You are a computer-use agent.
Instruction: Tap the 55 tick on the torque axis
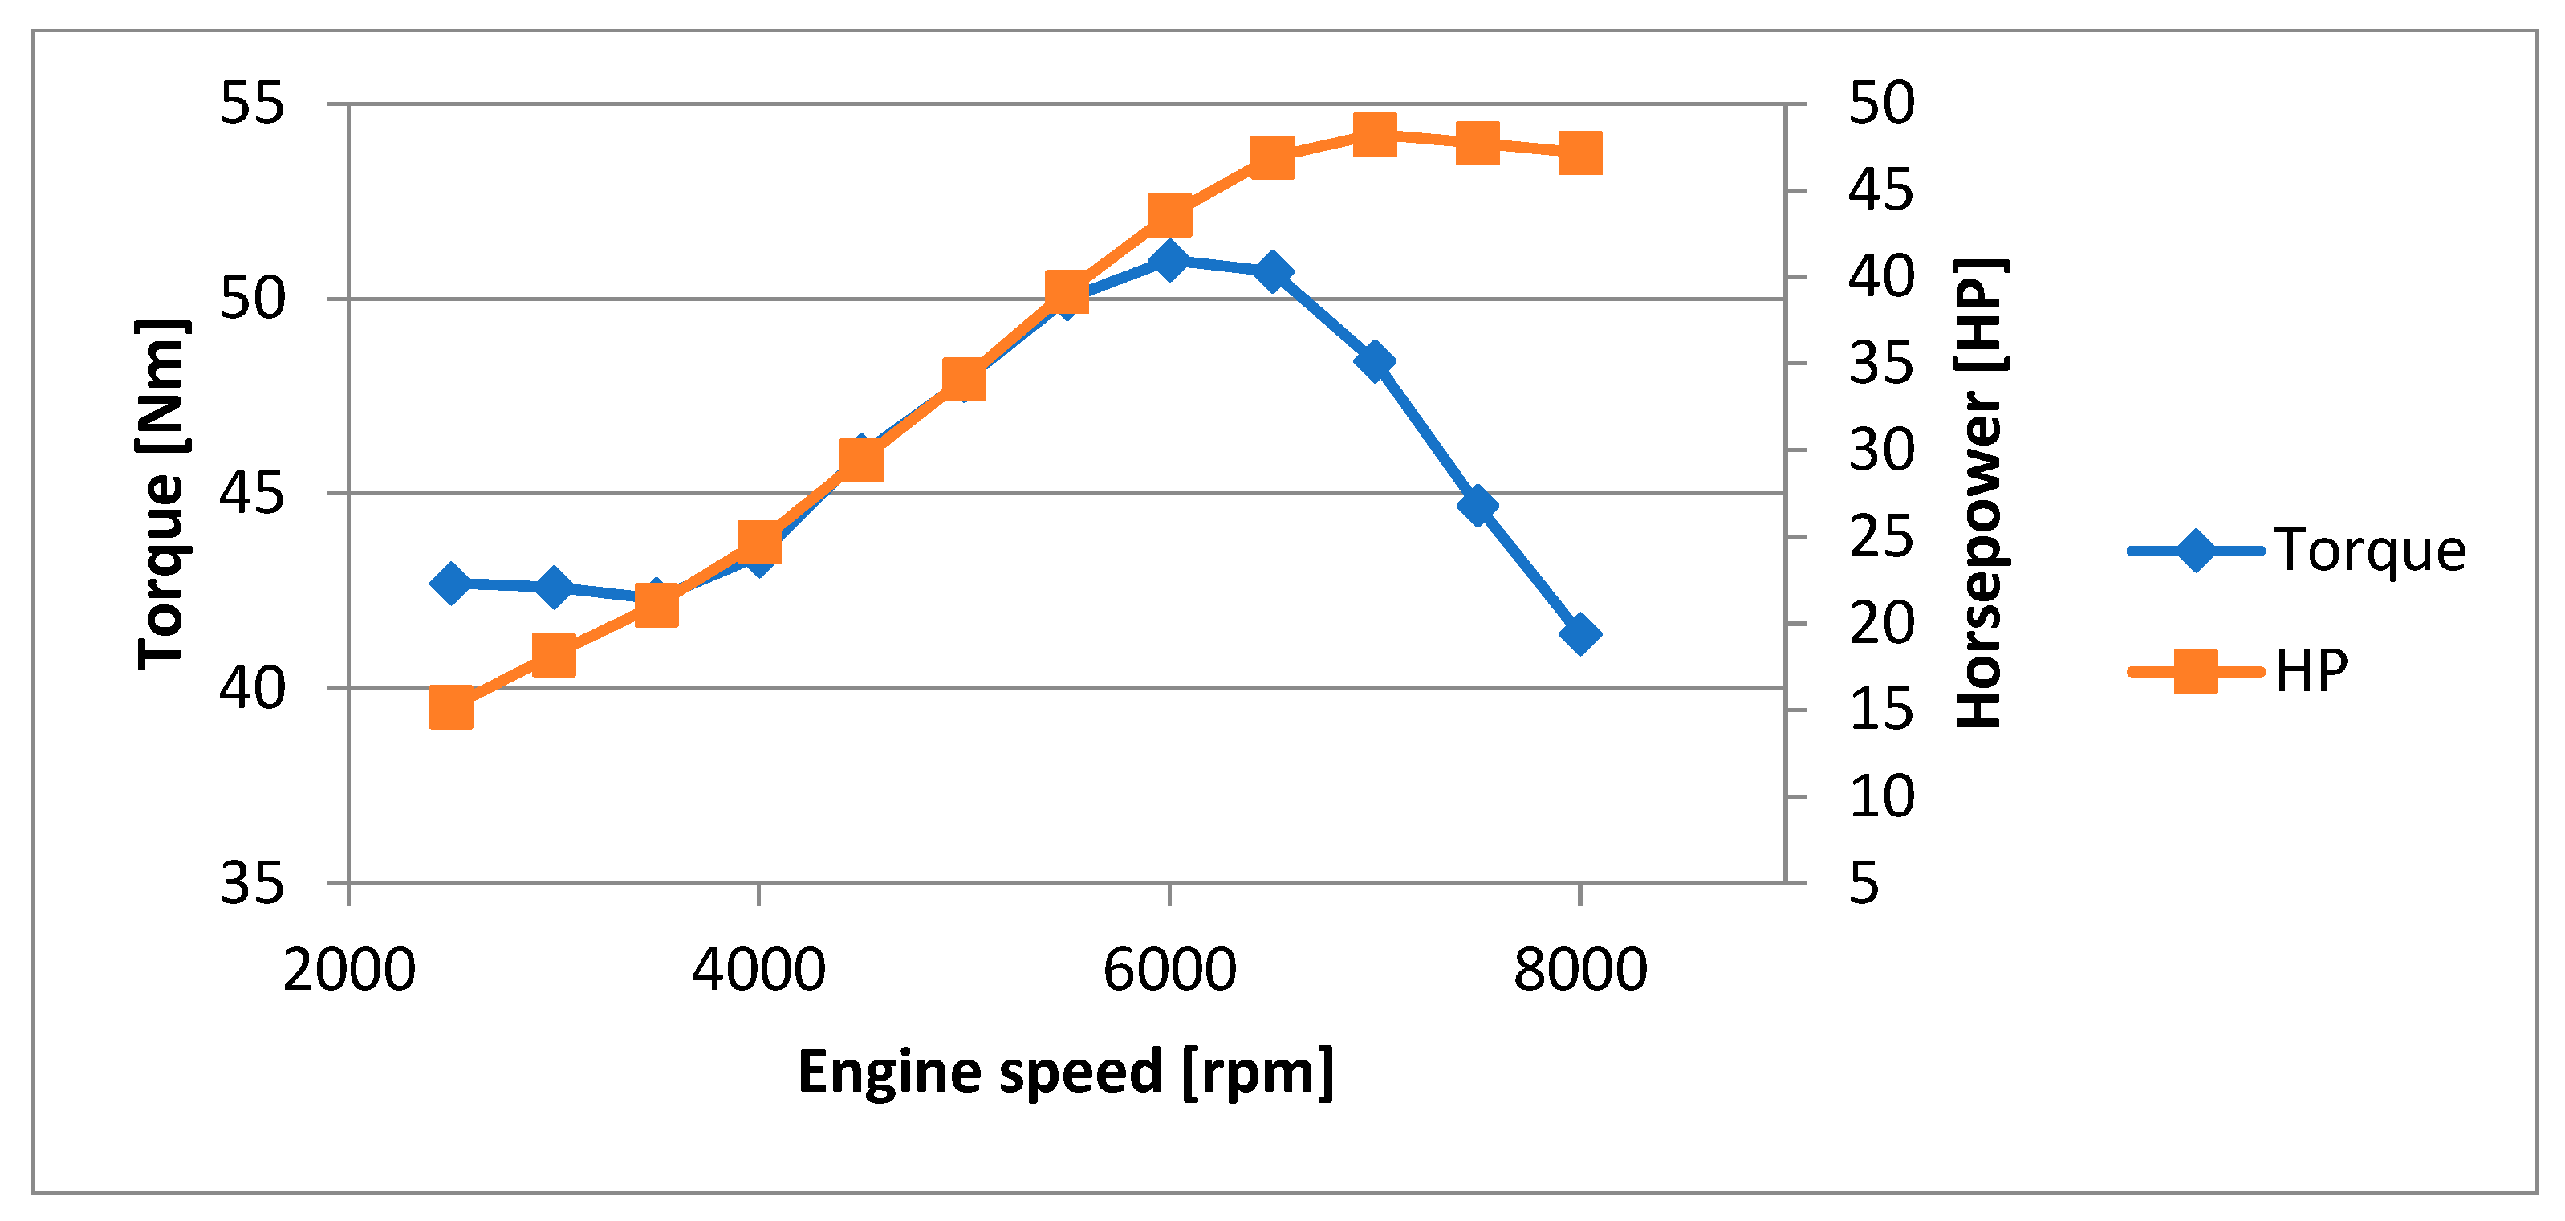(252, 103)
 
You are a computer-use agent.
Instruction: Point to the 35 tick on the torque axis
(252, 883)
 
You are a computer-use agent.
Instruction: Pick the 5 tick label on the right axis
(1864, 883)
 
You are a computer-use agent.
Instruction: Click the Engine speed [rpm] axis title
(1066, 1073)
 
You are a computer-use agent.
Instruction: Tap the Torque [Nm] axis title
(161, 495)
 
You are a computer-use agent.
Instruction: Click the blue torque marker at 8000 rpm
(1580, 633)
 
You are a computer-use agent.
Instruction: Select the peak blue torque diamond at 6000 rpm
(1169, 260)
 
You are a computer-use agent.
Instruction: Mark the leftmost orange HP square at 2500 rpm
(451, 708)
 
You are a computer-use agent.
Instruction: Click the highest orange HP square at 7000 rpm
(1375, 133)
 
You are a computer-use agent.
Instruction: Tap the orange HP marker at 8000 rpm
(1580, 153)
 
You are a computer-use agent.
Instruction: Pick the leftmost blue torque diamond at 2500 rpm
(451, 583)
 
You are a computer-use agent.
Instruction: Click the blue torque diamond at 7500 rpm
(1478, 505)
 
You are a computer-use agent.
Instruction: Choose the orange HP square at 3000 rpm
(554, 655)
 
